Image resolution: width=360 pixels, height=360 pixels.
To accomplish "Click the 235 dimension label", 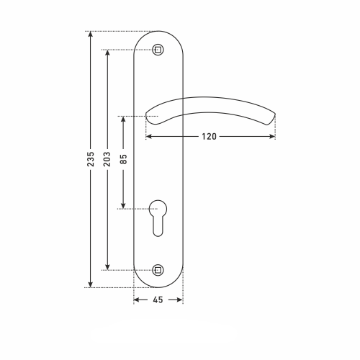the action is click(91, 159).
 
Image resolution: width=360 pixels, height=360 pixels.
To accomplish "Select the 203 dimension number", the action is click(107, 159).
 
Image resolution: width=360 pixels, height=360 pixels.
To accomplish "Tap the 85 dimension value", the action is click(123, 159).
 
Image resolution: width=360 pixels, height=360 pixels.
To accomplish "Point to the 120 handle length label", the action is click(209, 137).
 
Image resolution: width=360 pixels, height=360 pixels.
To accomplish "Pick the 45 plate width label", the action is click(158, 300).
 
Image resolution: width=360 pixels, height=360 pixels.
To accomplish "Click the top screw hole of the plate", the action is click(158, 50).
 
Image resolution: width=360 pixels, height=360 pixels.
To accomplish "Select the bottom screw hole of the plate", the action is click(158, 270).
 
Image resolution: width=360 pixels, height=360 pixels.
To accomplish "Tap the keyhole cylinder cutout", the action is click(158, 217).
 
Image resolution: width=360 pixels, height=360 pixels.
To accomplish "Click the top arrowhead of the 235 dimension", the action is click(91, 34).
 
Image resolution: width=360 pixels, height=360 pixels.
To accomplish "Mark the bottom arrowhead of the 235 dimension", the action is click(91, 284).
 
